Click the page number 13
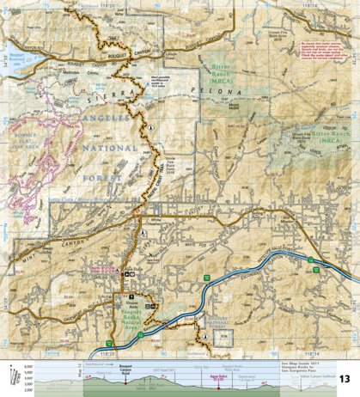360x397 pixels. pos(345,379)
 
